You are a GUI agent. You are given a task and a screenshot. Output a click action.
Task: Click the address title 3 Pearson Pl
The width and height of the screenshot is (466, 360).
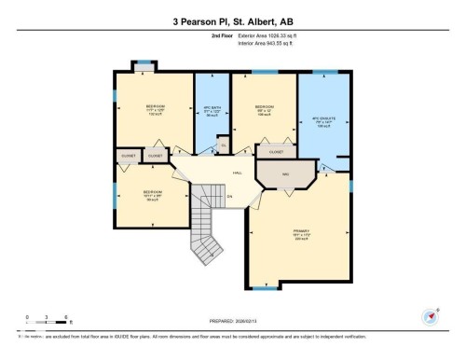(232, 21)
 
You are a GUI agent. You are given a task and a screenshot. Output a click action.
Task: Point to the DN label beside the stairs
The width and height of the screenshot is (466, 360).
(228, 196)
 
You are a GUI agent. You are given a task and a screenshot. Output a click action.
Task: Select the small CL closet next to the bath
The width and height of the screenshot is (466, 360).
(222, 145)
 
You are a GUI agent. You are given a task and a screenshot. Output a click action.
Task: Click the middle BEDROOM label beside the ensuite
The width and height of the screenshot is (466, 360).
(264, 108)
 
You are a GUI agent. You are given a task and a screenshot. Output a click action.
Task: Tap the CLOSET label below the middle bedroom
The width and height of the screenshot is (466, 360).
(276, 151)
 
